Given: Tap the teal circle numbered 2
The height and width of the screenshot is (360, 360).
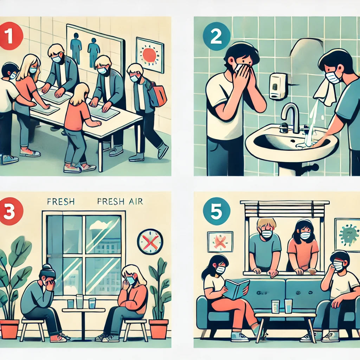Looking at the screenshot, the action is tap(216, 36).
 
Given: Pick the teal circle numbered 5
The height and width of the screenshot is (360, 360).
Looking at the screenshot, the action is tap(216, 211).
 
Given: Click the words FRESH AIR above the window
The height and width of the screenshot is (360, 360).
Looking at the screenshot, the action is tap(120, 201).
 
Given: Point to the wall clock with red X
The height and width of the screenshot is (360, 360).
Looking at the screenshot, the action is tap(150, 242).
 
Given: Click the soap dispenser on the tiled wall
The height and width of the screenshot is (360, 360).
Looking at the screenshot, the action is tap(278, 86).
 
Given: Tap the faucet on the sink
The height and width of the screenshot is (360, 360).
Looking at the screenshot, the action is tap(290, 117).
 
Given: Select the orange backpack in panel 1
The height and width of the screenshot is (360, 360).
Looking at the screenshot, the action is tap(159, 96).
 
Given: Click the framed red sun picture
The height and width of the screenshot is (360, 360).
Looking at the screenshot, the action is tap(150, 55).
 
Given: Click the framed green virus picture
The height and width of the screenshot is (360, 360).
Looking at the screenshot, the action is tap(347, 234).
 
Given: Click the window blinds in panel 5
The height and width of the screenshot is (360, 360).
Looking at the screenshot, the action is tap(285, 209).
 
